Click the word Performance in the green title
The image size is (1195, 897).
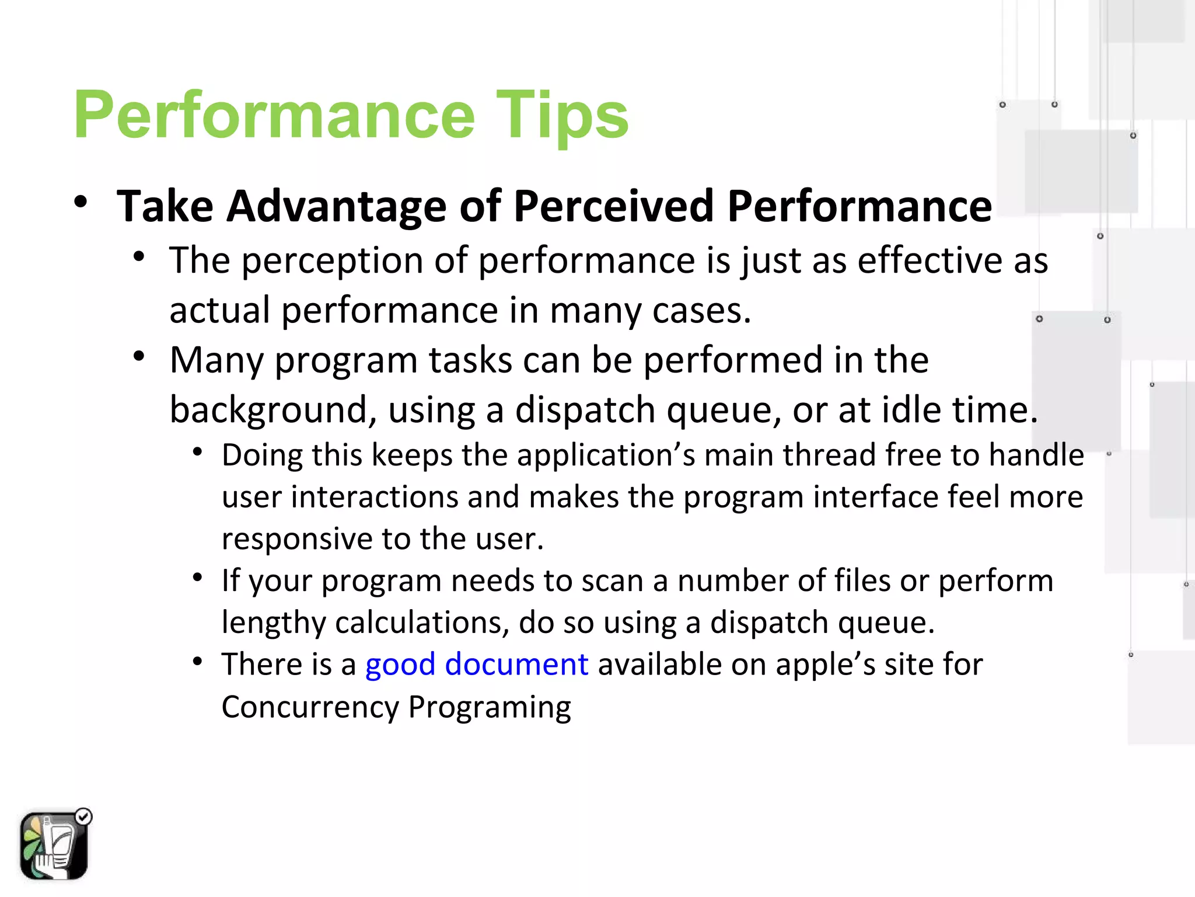point(274,116)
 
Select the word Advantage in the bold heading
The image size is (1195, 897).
point(336,207)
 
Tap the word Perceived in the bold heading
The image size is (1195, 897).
point(613,207)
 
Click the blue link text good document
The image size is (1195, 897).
point(477,665)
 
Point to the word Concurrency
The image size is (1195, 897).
point(310,707)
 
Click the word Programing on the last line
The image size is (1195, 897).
point(490,707)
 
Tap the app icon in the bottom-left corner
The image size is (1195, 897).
point(54,846)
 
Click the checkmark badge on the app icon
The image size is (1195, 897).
point(84,816)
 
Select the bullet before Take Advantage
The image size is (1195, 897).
point(81,202)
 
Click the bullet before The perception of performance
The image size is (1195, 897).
point(139,256)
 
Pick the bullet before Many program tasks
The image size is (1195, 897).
point(139,356)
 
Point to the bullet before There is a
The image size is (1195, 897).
point(198,662)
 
